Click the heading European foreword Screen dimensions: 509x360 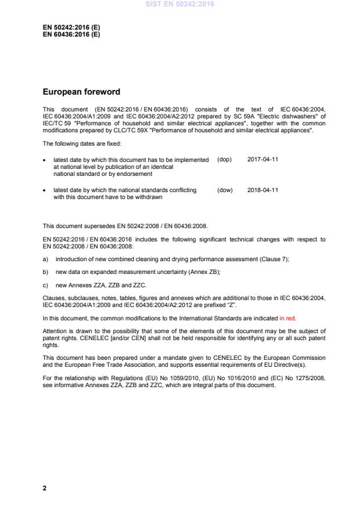pos(81,91)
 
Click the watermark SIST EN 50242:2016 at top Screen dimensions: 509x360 pos(179,4)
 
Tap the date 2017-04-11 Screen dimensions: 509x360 pos(262,159)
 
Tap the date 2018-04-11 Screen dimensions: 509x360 pos(262,190)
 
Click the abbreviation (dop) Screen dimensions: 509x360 pos(224,159)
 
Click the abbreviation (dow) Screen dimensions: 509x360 pos(225,190)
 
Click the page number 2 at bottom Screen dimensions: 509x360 pos(45,488)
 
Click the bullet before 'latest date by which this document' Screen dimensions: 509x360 pos(45,160)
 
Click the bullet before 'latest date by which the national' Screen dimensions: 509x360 pos(45,190)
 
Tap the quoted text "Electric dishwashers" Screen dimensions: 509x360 pos(290,115)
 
